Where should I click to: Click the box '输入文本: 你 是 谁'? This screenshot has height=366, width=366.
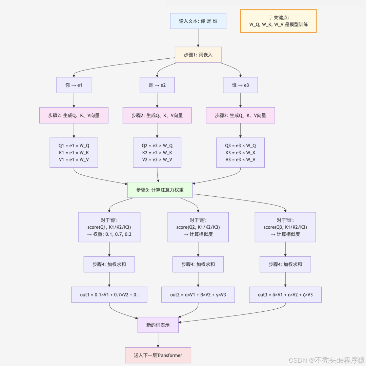pos(198,21)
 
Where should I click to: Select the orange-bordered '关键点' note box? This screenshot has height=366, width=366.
pos(278,21)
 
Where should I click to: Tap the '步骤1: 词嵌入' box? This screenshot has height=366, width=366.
pos(198,55)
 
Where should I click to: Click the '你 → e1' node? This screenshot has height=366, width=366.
pos(74,85)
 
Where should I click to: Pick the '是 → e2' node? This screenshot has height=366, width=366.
pos(157,85)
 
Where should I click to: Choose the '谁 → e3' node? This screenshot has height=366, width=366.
pos(240,85)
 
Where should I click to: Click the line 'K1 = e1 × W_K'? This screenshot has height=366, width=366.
pos(74,153)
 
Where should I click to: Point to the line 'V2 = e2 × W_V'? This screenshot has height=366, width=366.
pos(157,160)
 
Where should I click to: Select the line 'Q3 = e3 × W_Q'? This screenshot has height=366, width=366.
pos(240,146)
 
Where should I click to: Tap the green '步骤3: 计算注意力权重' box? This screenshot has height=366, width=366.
pos(160,190)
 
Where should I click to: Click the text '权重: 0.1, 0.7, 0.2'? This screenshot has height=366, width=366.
pos(112,234)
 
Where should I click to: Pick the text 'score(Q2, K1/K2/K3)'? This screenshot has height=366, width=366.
pos(198,227)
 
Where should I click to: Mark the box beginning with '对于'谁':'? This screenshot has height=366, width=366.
pos(285,227)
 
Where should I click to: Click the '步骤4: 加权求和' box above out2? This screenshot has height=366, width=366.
pos(198,264)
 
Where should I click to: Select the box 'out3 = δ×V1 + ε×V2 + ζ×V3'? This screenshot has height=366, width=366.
pos(285,295)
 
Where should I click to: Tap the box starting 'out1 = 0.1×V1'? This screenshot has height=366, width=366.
pos(109,295)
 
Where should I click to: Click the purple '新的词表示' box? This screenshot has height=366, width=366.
pos(158,325)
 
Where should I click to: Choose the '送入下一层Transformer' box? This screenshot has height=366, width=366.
pos(158,355)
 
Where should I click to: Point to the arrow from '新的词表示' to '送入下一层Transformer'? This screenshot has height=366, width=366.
pos(158,340)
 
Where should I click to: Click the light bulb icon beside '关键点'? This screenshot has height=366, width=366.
pos(270,18)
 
